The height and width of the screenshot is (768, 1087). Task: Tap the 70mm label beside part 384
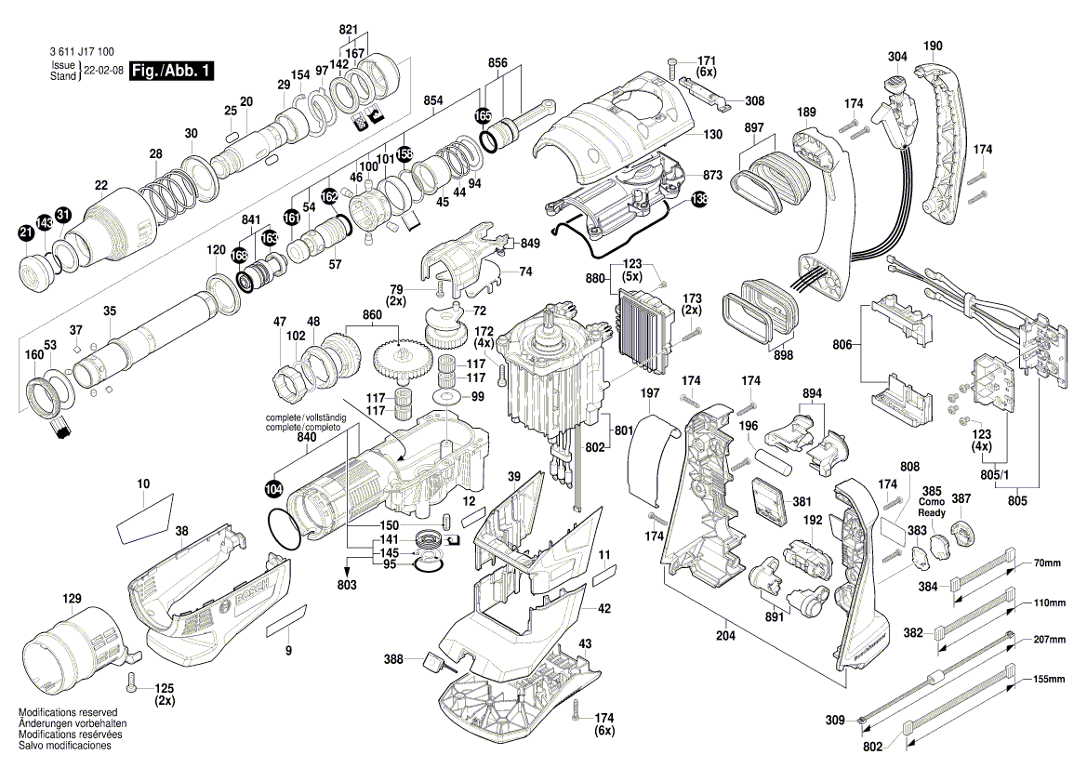coord(1049,563)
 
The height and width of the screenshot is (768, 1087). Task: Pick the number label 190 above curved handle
coord(933,46)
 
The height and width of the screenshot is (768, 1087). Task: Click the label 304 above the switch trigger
coord(896,57)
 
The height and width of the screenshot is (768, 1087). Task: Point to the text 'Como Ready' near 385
coord(932,507)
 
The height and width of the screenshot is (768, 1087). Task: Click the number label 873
coord(712,176)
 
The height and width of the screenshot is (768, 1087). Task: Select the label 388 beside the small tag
coord(395,659)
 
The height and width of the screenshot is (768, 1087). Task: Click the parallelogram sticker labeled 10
coord(144,521)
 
